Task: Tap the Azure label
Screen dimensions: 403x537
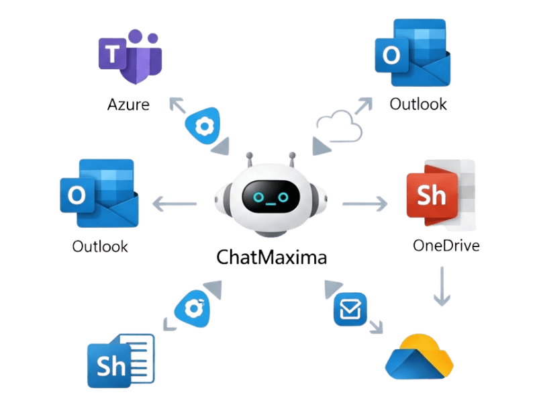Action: coord(128,105)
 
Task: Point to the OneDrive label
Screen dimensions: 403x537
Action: coord(446,245)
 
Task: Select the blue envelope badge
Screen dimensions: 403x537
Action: coord(350,310)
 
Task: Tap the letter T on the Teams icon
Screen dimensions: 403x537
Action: coord(113,55)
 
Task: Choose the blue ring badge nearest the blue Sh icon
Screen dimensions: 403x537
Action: coord(194,308)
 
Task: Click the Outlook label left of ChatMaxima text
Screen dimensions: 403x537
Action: coord(100,247)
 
